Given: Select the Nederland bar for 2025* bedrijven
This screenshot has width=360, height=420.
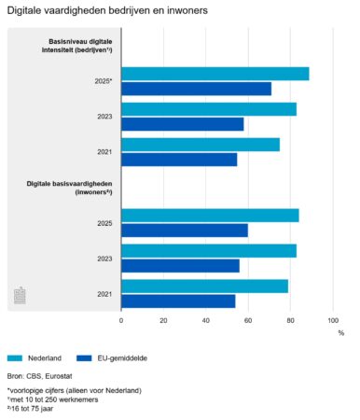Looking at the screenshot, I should point(215,74).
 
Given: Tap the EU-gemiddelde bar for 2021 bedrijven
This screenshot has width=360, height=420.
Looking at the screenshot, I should point(179,160).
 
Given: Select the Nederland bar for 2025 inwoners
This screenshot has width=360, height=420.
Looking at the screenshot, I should point(210,216).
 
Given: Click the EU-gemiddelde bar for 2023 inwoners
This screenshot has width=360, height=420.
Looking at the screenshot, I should point(180,266).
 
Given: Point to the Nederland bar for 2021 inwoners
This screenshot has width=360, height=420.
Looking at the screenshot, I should point(204,287).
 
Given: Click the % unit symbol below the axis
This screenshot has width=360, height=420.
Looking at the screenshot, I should point(340,332).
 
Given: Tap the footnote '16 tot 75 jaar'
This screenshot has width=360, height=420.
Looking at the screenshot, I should point(42,408).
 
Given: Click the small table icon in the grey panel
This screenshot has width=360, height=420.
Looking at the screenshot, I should point(21,296).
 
